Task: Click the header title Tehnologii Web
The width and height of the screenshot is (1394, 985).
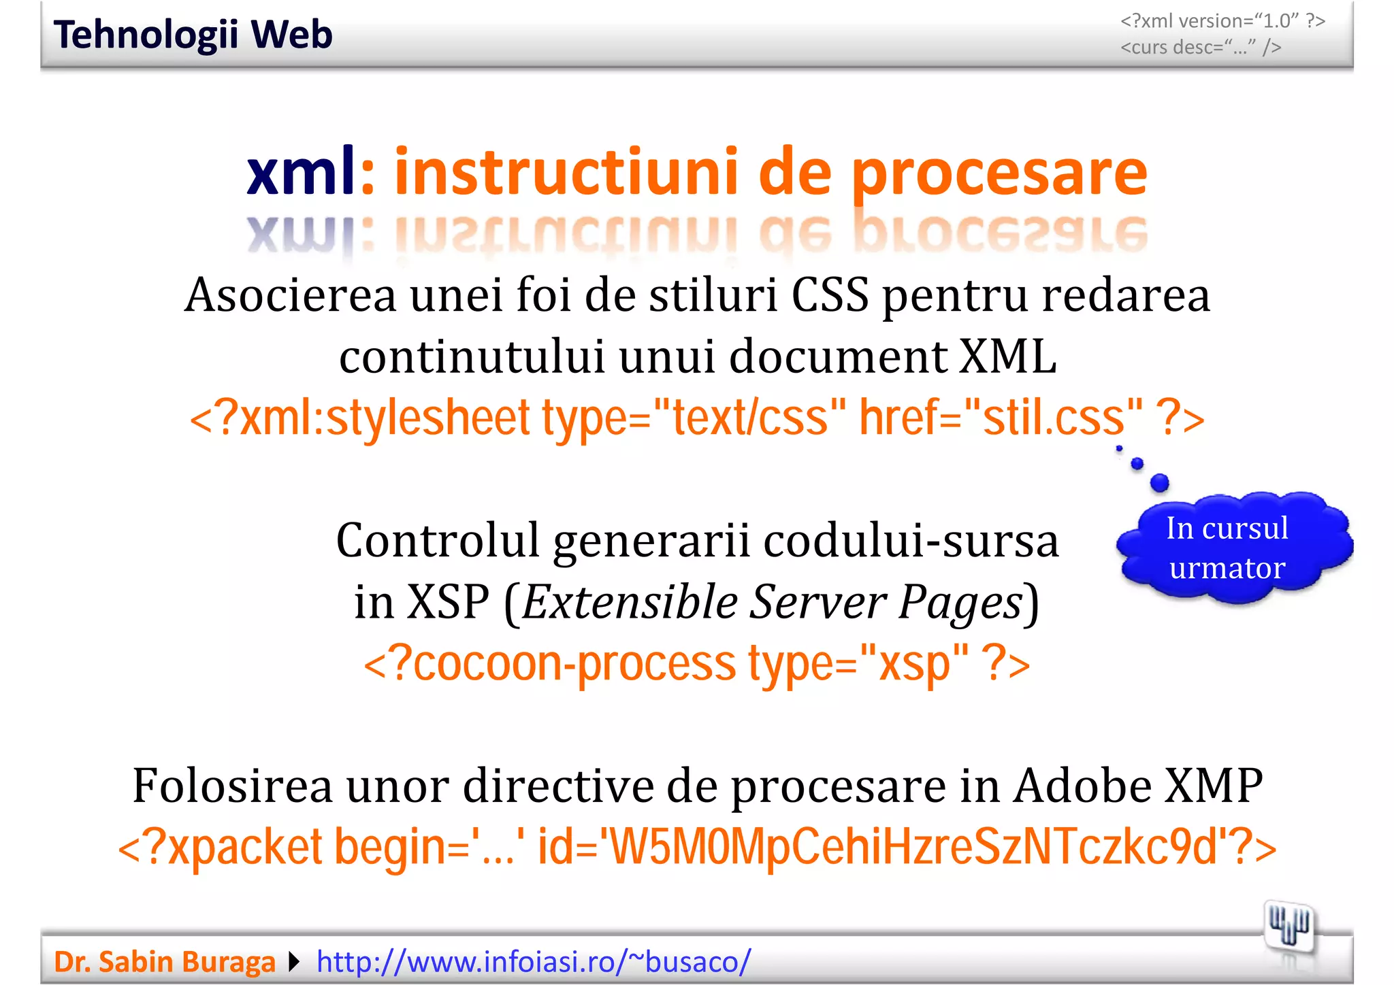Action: (x=193, y=35)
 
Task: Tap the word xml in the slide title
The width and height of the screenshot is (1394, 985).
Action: (x=300, y=171)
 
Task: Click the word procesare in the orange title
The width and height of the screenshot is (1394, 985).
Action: (x=999, y=173)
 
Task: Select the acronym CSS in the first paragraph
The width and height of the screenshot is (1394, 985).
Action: (x=829, y=296)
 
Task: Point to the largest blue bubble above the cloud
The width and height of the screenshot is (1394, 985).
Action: (x=1159, y=483)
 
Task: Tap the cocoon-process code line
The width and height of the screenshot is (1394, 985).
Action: (x=696, y=663)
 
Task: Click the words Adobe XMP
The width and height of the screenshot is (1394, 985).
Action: (x=1137, y=786)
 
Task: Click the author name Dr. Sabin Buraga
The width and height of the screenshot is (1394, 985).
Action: (x=164, y=962)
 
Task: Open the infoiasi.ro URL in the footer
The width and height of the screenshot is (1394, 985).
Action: (x=534, y=962)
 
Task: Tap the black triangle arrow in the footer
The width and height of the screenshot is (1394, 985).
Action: (x=294, y=962)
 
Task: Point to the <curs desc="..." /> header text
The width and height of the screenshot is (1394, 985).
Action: (x=1201, y=48)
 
